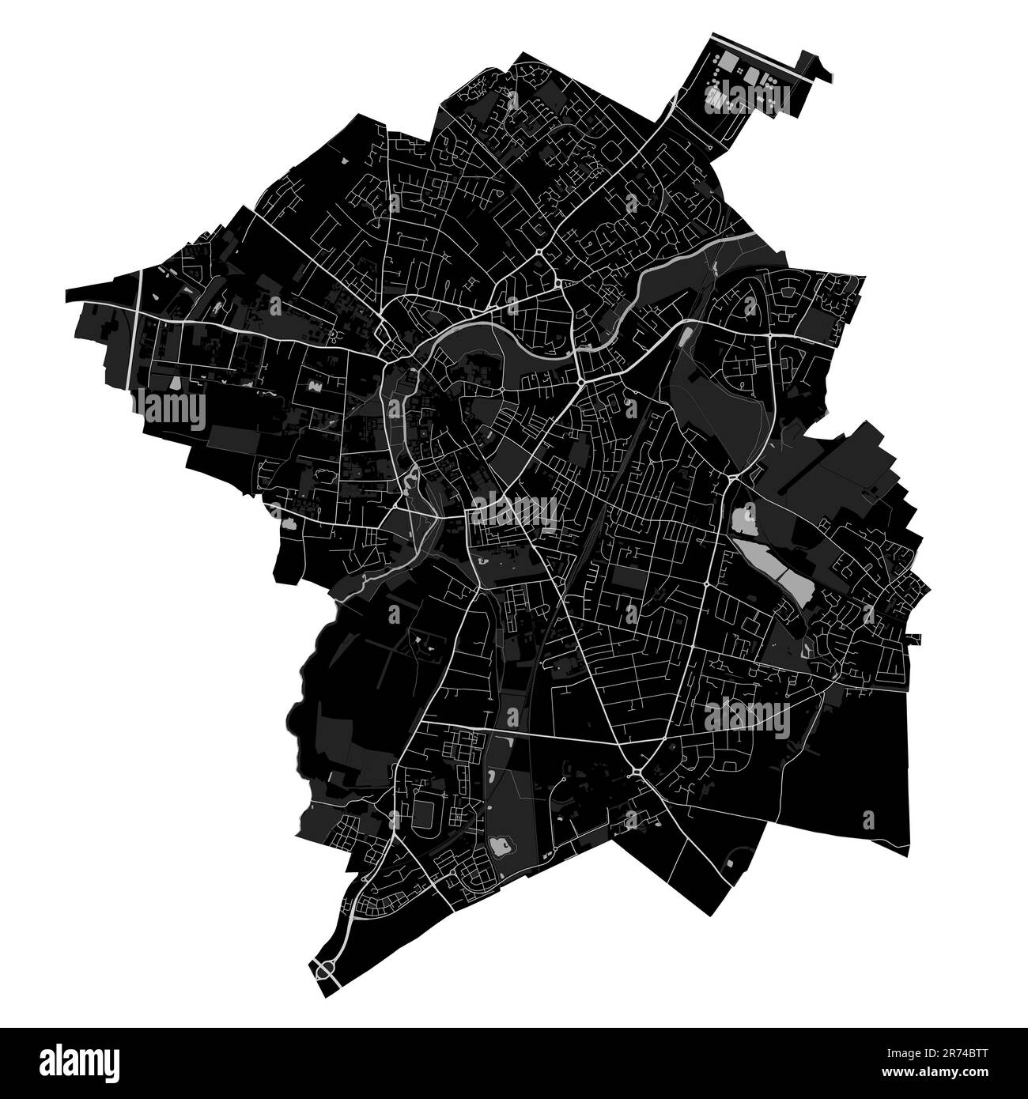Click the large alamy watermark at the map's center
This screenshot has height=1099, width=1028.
tap(514, 512)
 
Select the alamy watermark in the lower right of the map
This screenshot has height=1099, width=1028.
tap(747, 718)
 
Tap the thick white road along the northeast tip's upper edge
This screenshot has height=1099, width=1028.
tap(759, 52)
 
